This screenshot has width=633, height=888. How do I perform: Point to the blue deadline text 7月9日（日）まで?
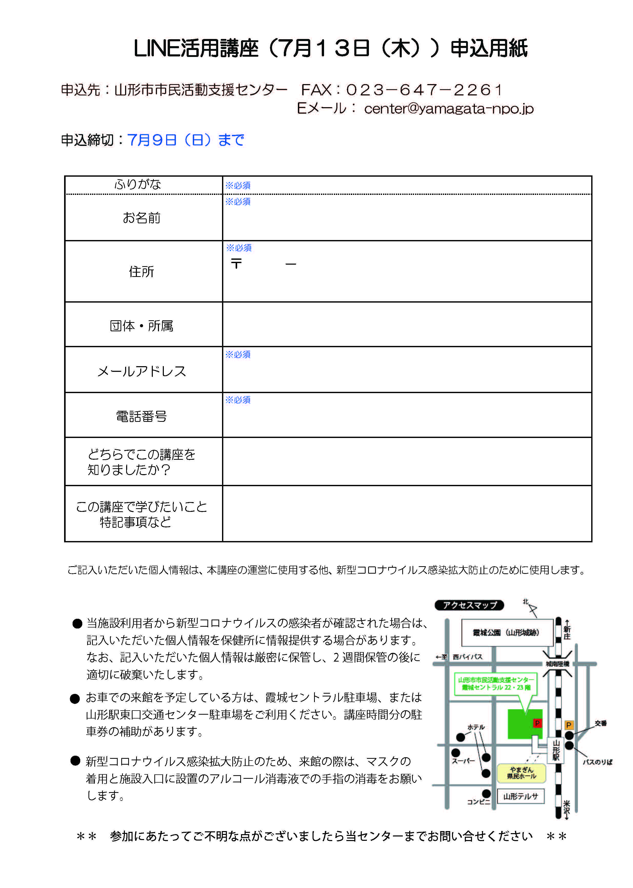pos(186,140)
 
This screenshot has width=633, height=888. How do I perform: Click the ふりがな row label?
pos(138,184)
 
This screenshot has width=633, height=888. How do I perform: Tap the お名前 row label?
pos(142,218)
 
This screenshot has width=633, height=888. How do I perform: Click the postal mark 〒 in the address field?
pos(236,264)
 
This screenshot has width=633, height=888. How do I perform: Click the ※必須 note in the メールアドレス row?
pos(238,354)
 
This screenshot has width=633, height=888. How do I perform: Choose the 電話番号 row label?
pos(142,416)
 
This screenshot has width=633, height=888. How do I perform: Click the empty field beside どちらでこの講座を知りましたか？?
pos(407,462)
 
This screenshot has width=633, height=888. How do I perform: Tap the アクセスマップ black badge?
pos(469,605)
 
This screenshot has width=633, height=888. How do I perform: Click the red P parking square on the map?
pos(537,723)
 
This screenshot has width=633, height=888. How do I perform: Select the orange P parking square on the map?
pos(569,725)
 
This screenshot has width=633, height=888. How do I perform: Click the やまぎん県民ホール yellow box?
pos(521,773)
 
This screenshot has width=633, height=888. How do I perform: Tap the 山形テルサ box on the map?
pos(520,796)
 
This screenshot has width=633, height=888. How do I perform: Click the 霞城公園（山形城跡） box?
pos(506,633)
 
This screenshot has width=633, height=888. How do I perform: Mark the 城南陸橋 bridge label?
pos(557,664)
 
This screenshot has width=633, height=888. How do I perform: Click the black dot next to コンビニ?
pos(486,794)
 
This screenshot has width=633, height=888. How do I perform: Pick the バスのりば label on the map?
pos(597,762)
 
